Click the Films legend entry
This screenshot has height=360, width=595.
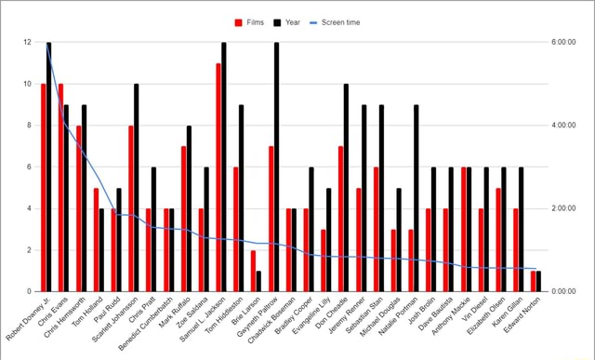250,22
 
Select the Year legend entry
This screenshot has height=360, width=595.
286,22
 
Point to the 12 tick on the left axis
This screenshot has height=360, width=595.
28,43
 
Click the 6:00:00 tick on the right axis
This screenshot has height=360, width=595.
565,43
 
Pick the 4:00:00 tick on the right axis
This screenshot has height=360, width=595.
565,126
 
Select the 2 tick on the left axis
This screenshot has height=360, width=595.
30,250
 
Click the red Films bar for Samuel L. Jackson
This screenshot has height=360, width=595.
218,177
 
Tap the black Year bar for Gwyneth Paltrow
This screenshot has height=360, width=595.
276,167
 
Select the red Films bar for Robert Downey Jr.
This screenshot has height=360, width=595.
43,187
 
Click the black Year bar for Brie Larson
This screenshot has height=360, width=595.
258,281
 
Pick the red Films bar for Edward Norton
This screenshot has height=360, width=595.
533,281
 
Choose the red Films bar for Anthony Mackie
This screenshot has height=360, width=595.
463,229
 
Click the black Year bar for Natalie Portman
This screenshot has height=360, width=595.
416,197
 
